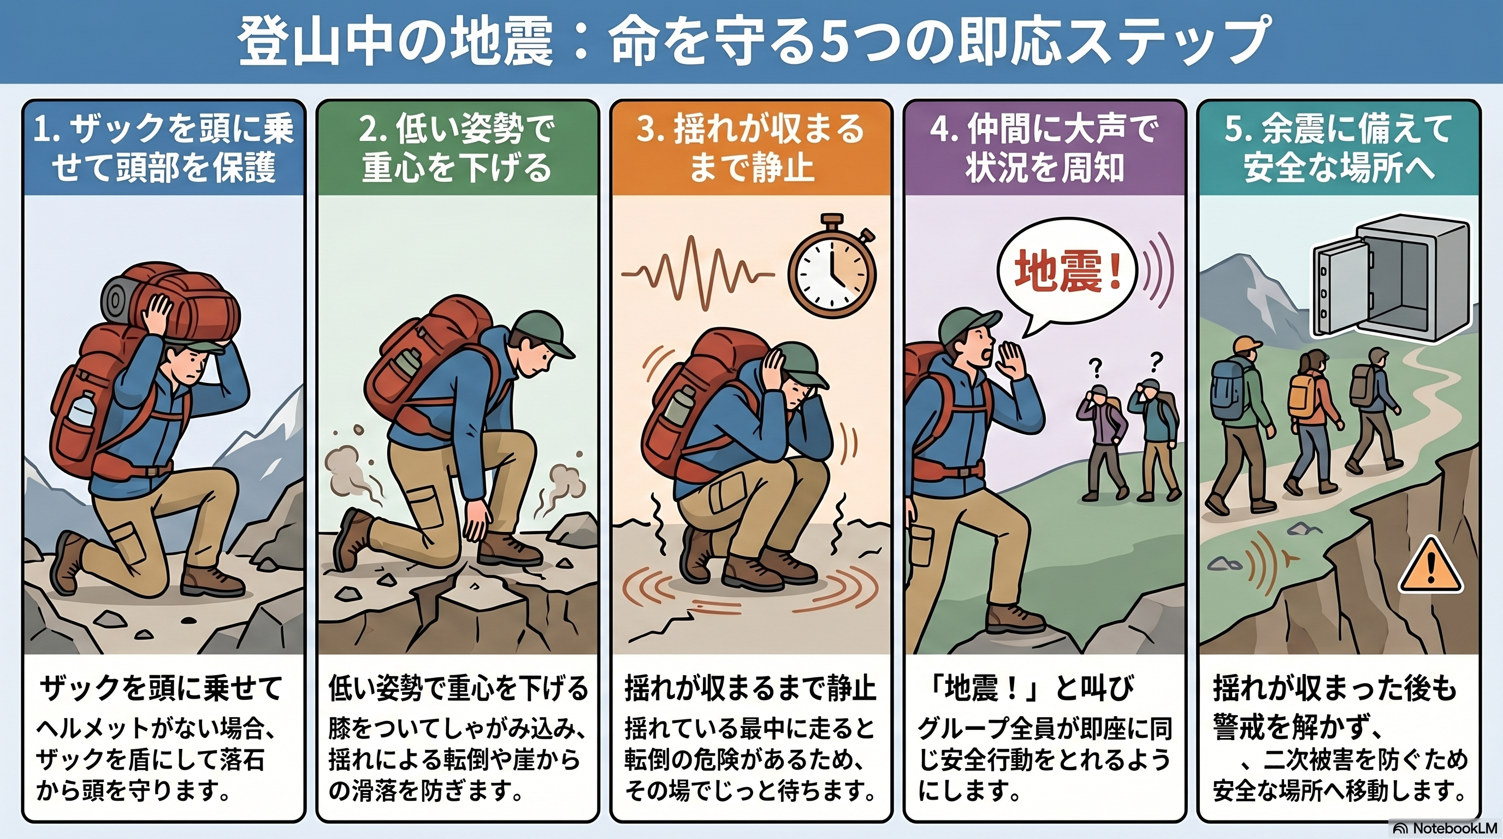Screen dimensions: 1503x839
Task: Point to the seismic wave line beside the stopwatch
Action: (698, 274)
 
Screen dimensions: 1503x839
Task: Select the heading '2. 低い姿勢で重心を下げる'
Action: (457, 148)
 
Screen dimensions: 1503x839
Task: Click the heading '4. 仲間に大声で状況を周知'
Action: (1044, 148)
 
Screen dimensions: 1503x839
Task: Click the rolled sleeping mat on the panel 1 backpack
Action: (119, 300)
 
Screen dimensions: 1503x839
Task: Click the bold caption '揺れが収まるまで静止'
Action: (750, 688)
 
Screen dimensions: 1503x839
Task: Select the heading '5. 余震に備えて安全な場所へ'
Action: (1338, 148)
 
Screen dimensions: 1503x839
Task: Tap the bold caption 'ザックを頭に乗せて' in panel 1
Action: (161, 688)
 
